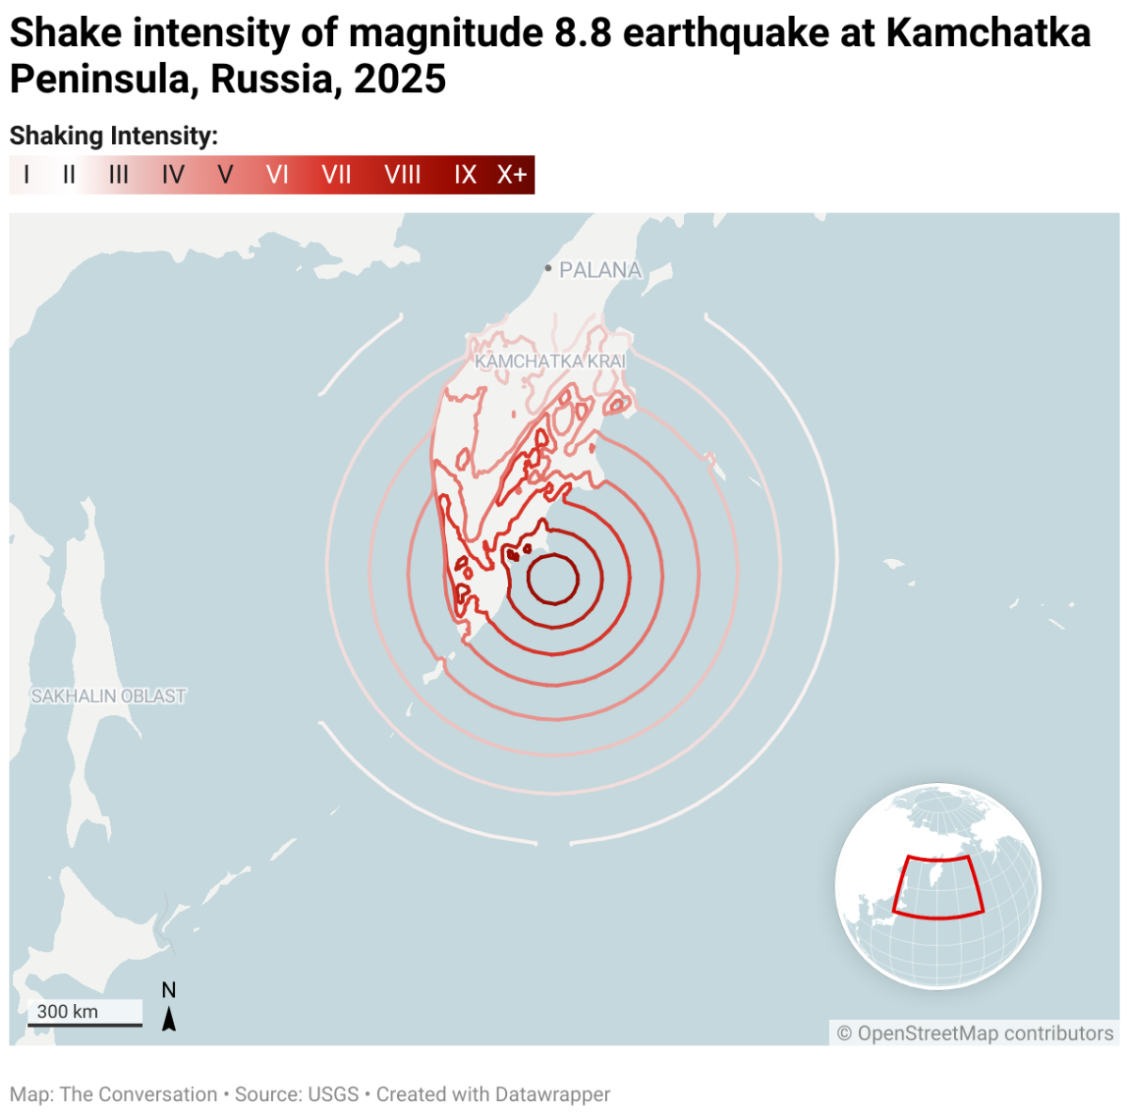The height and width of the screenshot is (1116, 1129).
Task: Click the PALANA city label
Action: tap(600, 270)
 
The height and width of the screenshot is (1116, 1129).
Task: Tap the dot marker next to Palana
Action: tap(549, 269)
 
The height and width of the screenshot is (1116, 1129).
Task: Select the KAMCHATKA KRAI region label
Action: tap(549, 361)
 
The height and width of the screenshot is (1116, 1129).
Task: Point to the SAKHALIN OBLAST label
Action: tap(108, 696)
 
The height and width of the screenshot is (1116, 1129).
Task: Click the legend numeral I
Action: tap(26, 175)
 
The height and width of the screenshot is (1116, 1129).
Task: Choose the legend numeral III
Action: tap(119, 175)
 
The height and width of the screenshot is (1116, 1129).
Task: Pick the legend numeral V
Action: tap(225, 175)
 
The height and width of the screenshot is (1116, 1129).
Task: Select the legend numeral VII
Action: tap(336, 175)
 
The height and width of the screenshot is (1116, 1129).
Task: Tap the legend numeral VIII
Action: tap(403, 175)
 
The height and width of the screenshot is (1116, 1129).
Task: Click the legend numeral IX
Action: tap(466, 175)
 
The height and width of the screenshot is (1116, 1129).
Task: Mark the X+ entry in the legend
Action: tap(513, 175)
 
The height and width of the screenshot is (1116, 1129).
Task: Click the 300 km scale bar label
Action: tap(68, 1012)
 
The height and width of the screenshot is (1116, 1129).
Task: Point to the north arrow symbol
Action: tap(169, 1017)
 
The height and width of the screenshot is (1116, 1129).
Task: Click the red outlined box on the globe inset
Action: tap(938, 886)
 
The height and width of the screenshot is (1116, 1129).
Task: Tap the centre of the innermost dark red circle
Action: tap(552, 579)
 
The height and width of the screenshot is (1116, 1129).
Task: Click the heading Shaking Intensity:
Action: tap(114, 136)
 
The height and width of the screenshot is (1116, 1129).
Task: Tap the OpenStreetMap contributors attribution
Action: tap(976, 1033)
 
